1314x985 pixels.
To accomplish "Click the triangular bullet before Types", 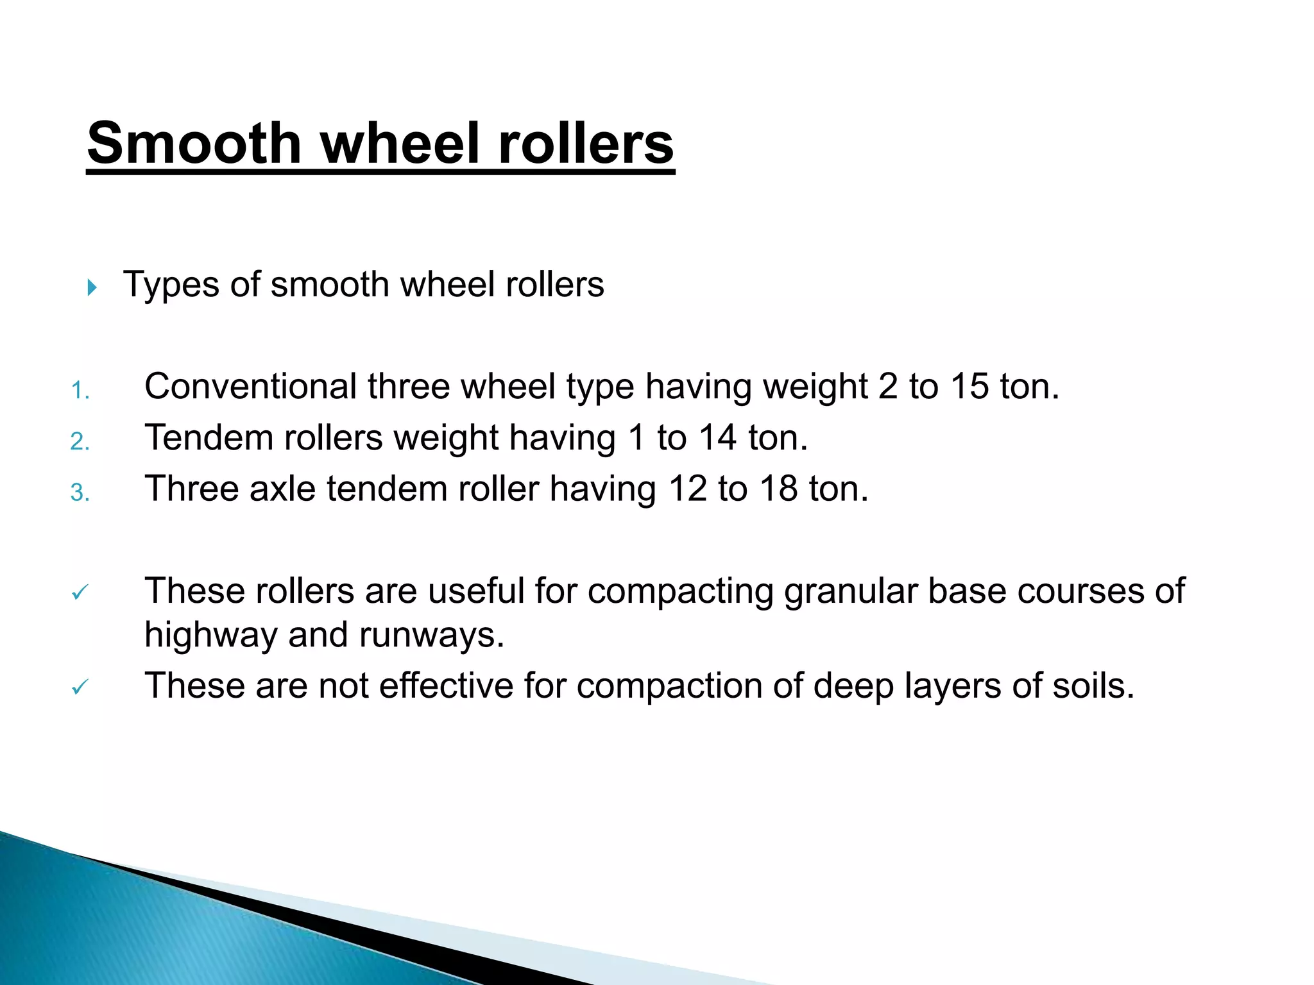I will pos(92,287).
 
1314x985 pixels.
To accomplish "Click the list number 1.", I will pos(80,391).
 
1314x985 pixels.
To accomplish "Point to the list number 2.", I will pos(80,442).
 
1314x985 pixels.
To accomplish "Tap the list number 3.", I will pos(80,492).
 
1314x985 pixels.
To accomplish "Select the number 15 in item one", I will pos(969,387).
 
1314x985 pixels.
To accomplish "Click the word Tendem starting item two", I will pos(209,438).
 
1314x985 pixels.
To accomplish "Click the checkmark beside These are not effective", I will pos(80,687).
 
